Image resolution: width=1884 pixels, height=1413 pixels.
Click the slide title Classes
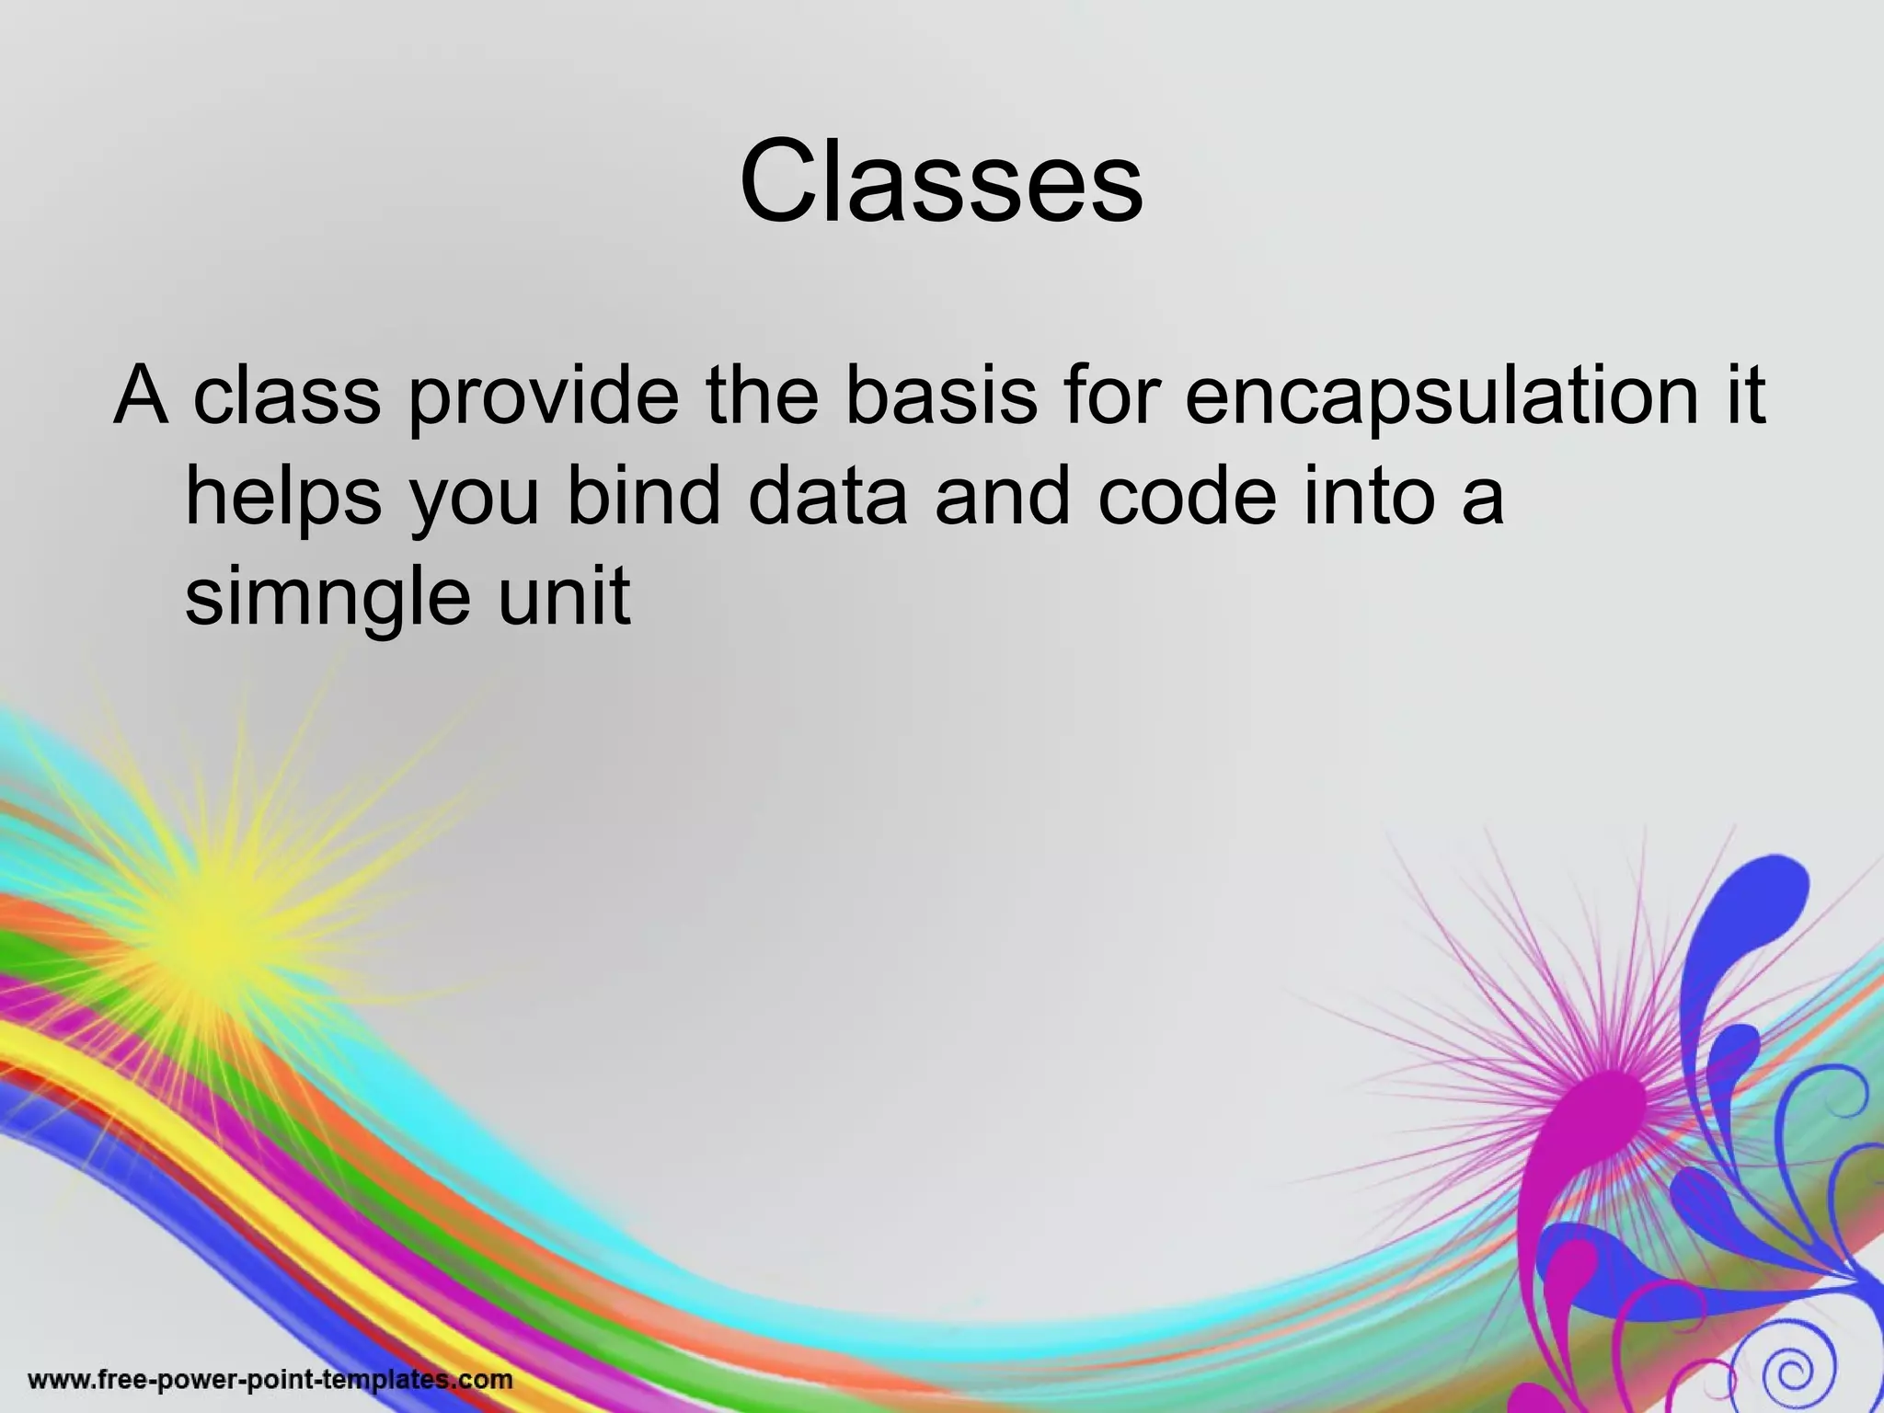click(x=941, y=181)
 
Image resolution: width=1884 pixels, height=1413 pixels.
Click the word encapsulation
click(x=1442, y=395)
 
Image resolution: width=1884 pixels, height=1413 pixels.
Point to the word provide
click(x=544, y=395)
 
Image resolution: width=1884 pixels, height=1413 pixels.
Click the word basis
click(x=941, y=395)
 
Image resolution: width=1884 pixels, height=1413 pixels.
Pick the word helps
click(x=283, y=498)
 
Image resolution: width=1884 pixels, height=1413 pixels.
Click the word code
click(x=1187, y=496)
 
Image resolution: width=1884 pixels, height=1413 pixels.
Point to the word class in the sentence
click(x=286, y=395)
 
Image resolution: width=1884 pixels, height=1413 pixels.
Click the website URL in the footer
click(x=270, y=1379)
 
